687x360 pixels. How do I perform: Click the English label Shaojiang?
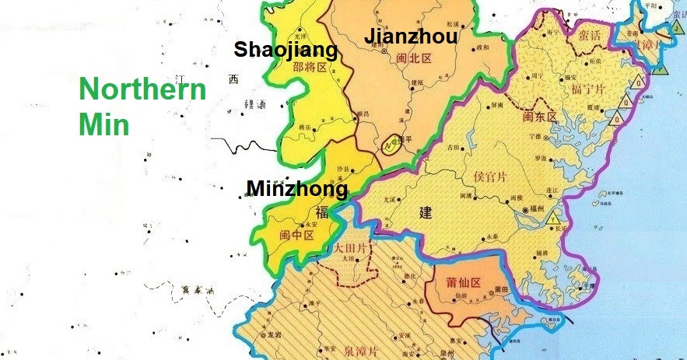pos(286,51)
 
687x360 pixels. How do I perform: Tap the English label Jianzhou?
pos(411,37)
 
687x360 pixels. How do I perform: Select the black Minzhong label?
pos(296,189)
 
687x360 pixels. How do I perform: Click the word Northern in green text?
pos(143,90)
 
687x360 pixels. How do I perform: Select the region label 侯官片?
pos(490,177)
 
